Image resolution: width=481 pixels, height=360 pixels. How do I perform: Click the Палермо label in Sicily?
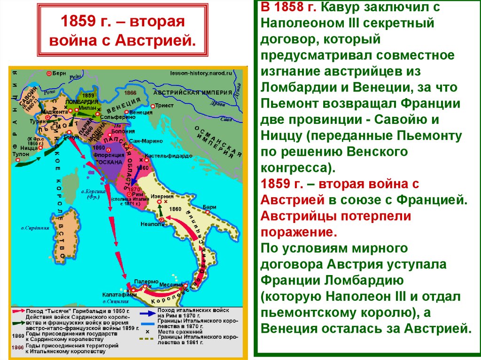pyautogui.click(x=143, y=280)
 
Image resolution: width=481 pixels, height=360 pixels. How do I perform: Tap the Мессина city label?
pyautogui.click(x=171, y=284)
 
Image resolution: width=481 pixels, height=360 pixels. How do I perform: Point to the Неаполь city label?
pyautogui.click(x=152, y=224)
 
